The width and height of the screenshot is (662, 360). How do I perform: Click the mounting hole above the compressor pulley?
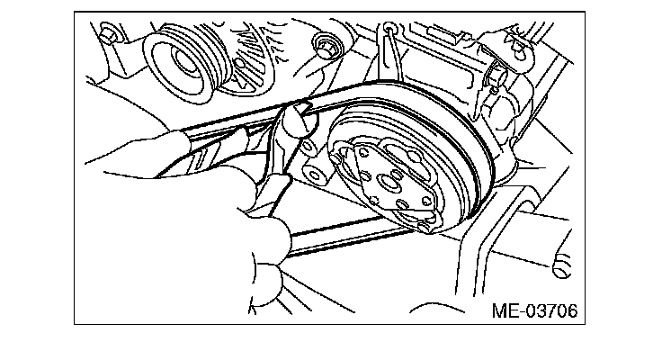[x=389, y=33]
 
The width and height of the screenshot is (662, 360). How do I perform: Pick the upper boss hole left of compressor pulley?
[x=309, y=144]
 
